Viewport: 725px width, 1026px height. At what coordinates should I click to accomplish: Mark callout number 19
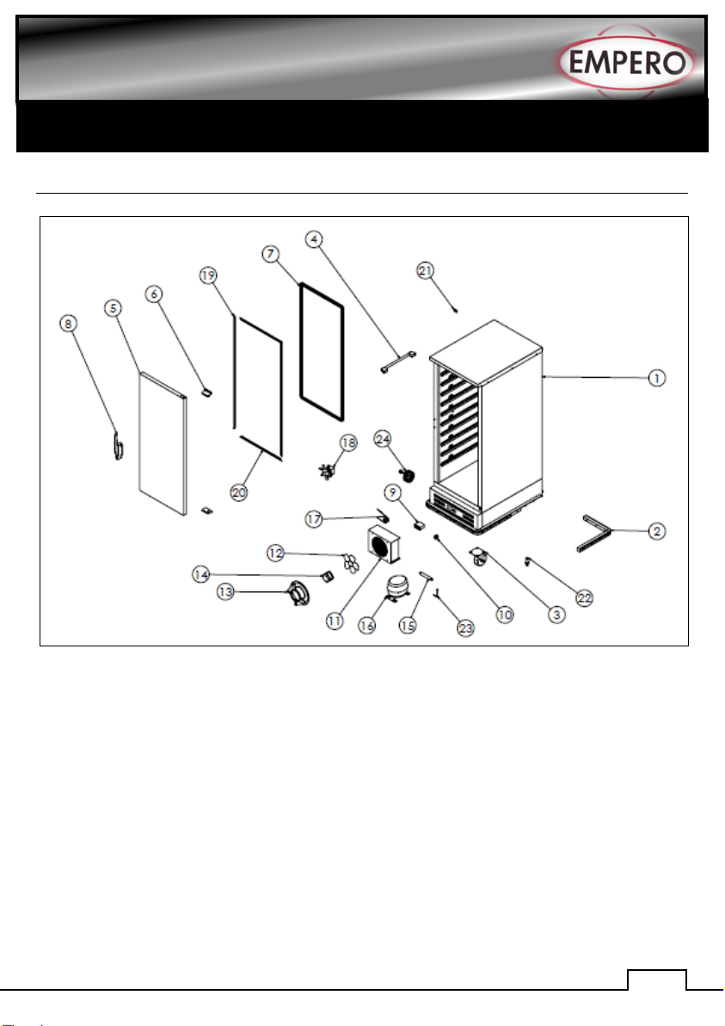(206, 275)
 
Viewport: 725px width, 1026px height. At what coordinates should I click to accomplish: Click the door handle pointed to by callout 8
(117, 448)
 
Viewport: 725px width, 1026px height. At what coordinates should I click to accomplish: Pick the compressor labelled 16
(397, 589)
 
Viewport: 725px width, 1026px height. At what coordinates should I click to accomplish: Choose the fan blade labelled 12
(349, 562)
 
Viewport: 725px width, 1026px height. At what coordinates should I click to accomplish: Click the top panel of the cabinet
(486, 340)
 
